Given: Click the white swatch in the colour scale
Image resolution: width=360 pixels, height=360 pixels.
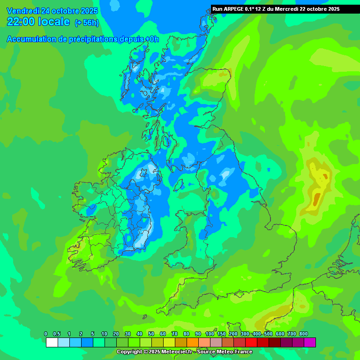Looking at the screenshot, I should (x=52, y=342).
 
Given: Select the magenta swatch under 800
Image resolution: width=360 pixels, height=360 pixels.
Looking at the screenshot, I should (x=309, y=342).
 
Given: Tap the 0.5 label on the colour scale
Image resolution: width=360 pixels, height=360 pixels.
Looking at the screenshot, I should (x=57, y=334).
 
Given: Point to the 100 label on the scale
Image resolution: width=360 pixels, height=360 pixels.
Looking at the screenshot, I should (x=210, y=334).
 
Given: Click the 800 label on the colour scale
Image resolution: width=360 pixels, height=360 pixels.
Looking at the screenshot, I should (x=303, y=334).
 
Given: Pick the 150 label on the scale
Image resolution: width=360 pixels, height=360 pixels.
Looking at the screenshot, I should (x=221, y=334).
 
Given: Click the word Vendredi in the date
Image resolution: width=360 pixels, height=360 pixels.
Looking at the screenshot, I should (x=23, y=11).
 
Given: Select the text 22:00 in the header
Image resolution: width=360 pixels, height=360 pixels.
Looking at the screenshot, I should (x=21, y=22).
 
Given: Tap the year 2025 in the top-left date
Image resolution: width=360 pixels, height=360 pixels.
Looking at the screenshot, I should (x=88, y=11).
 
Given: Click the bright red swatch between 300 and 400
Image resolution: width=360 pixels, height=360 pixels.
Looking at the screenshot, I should (x=251, y=342).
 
